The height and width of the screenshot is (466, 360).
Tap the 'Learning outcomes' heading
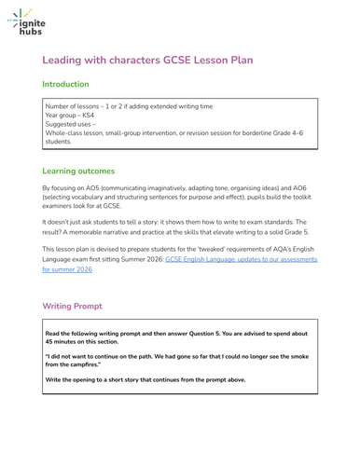(x=79, y=171)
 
